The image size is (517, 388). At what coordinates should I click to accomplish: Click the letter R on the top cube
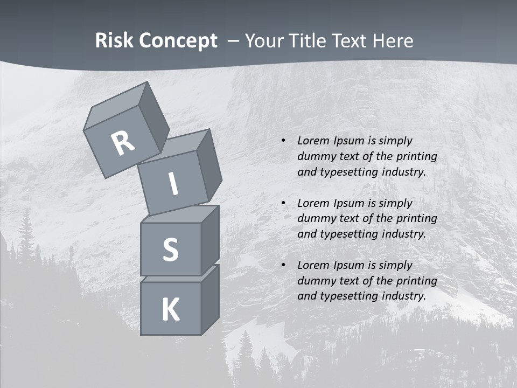(x=123, y=143)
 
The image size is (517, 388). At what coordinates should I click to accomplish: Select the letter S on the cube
(x=170, y=250)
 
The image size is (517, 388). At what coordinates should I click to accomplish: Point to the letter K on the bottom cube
(x=170, y=310)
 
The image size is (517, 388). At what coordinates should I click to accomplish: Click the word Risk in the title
(x=114, y=41)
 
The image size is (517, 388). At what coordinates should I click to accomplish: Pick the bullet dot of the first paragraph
(x=283, y=141)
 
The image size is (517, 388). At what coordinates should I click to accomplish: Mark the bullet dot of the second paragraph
(x=283, y=204)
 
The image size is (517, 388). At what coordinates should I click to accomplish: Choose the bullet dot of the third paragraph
(x=283, y=266)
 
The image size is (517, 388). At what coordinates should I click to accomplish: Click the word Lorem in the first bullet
(x=313, y=141)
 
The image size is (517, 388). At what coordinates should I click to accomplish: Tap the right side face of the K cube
(x=210, y=299)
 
